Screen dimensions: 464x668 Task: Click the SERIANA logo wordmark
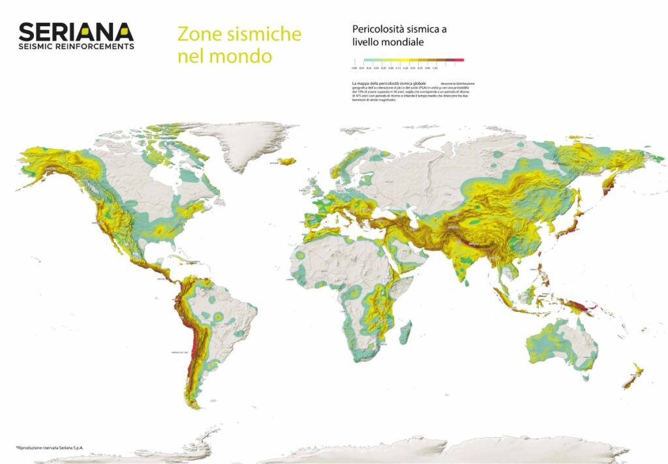point(76,31)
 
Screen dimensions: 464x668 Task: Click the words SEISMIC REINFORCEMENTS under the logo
point(76,46)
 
